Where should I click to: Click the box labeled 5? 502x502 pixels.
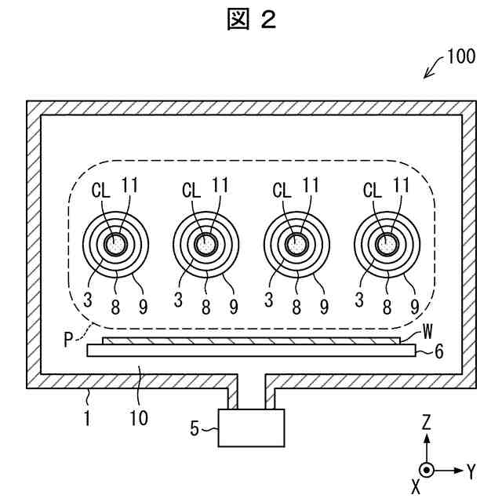point(251,428)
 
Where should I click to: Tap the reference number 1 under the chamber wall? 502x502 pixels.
point(86,417)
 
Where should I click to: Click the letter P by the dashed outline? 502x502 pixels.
point(71,339)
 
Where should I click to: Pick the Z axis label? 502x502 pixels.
point(426,422)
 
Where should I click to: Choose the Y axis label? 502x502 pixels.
point(471,471)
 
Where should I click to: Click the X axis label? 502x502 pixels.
point(416,486)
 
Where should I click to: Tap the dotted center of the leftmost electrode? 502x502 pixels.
point(115,245)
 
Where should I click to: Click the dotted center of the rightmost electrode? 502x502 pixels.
point(387,245)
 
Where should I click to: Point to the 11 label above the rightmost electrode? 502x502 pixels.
point(402,186)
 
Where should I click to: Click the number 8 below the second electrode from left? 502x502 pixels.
point(206,304)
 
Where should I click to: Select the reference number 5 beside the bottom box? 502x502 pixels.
point(195,428)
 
